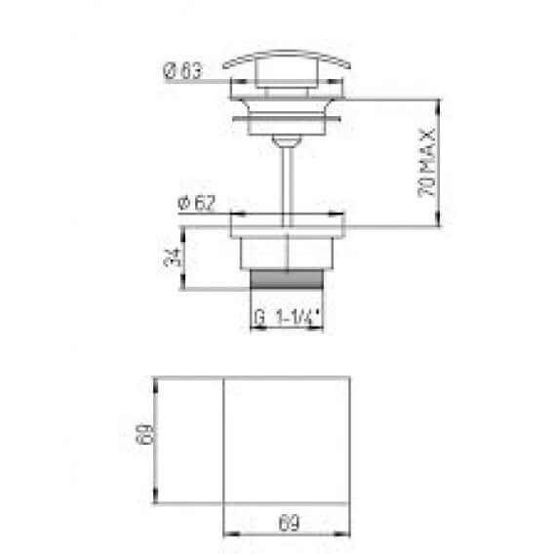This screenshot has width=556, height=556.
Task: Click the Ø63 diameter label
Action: (182, 70)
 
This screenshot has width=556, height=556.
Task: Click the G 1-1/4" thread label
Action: (288, 318)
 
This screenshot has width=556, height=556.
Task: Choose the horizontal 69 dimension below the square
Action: (288, 524)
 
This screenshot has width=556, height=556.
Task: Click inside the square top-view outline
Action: (287, 439)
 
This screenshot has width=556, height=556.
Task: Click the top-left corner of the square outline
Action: (225, 377)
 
